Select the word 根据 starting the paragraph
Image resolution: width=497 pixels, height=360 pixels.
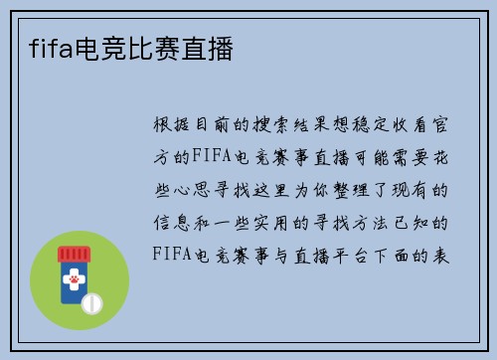[174, 125]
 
